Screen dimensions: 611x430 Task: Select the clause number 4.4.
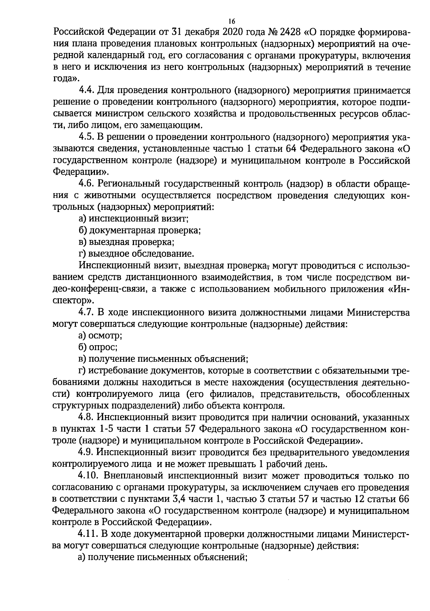86,90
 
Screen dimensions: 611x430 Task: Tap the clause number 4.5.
86,137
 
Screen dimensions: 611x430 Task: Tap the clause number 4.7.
86,313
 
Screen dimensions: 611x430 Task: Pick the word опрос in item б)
104,348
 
